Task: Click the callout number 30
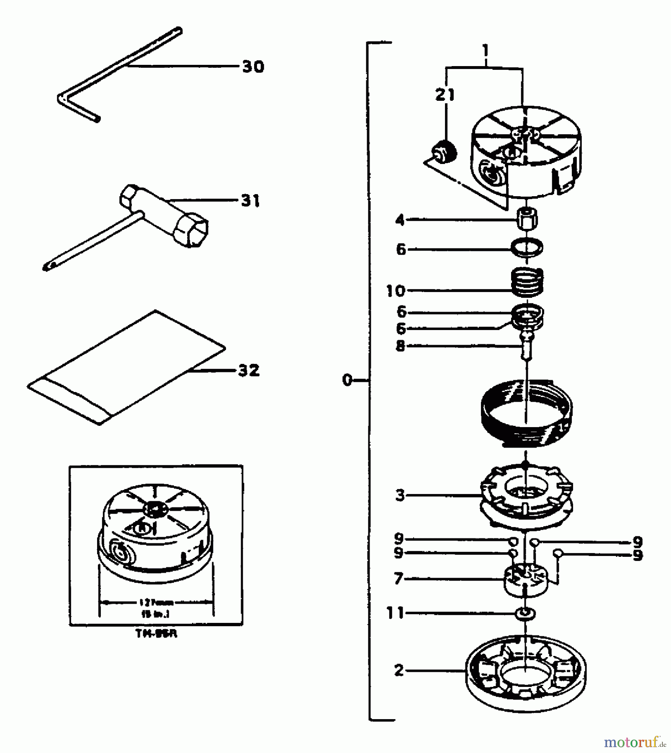[x=253, y=67]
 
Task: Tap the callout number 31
[x=250, y=201]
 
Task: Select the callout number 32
[x=249, y=370]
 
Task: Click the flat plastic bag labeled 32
[x=126, y=368]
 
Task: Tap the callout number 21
[x=445, y=95]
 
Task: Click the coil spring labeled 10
[x=527, y=282]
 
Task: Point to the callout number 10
[x=396, y=291]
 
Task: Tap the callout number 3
[x=400, y=495]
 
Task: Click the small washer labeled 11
[x=526, y=614]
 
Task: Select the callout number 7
[x=398, y=579]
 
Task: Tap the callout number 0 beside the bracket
[x=347, y=380]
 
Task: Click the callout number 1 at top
[x=485, y=51]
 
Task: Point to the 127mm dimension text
[x=156, y=603]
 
